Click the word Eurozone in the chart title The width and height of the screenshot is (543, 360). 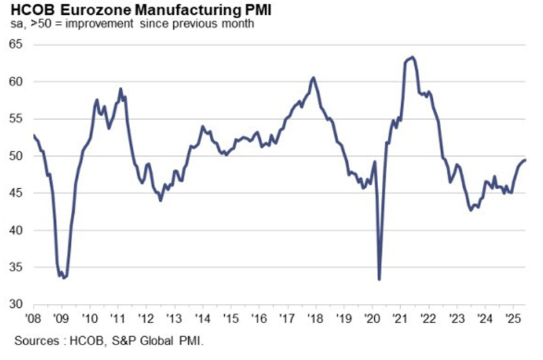[95, 10]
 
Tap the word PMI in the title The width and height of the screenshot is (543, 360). [258, 10]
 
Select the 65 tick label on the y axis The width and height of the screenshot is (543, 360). [15, 44]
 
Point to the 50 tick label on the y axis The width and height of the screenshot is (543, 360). [15, 156]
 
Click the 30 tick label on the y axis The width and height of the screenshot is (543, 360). [15, 304]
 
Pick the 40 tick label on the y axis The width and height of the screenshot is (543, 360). [15, 230]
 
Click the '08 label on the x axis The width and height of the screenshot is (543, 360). [33, 318]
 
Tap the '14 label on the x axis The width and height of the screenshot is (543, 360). [203, 318]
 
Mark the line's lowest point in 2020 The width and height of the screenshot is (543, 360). [379, 279]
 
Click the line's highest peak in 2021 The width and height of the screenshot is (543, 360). [412, 57]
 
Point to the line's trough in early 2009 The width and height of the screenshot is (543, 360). [63, 278]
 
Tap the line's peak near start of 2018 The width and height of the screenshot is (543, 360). [314, 77]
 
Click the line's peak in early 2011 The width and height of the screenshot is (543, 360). [120, 89]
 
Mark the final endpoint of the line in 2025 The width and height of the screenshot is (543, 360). [526, 160]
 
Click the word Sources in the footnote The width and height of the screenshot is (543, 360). [37, 341]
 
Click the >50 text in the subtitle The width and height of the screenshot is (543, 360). [41, 24]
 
